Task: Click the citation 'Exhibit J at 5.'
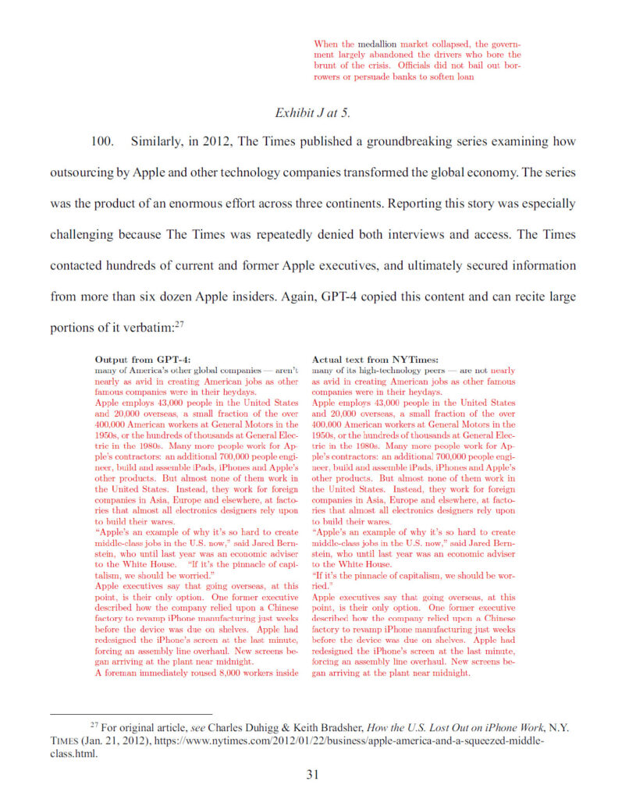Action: [x=312, y=112]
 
